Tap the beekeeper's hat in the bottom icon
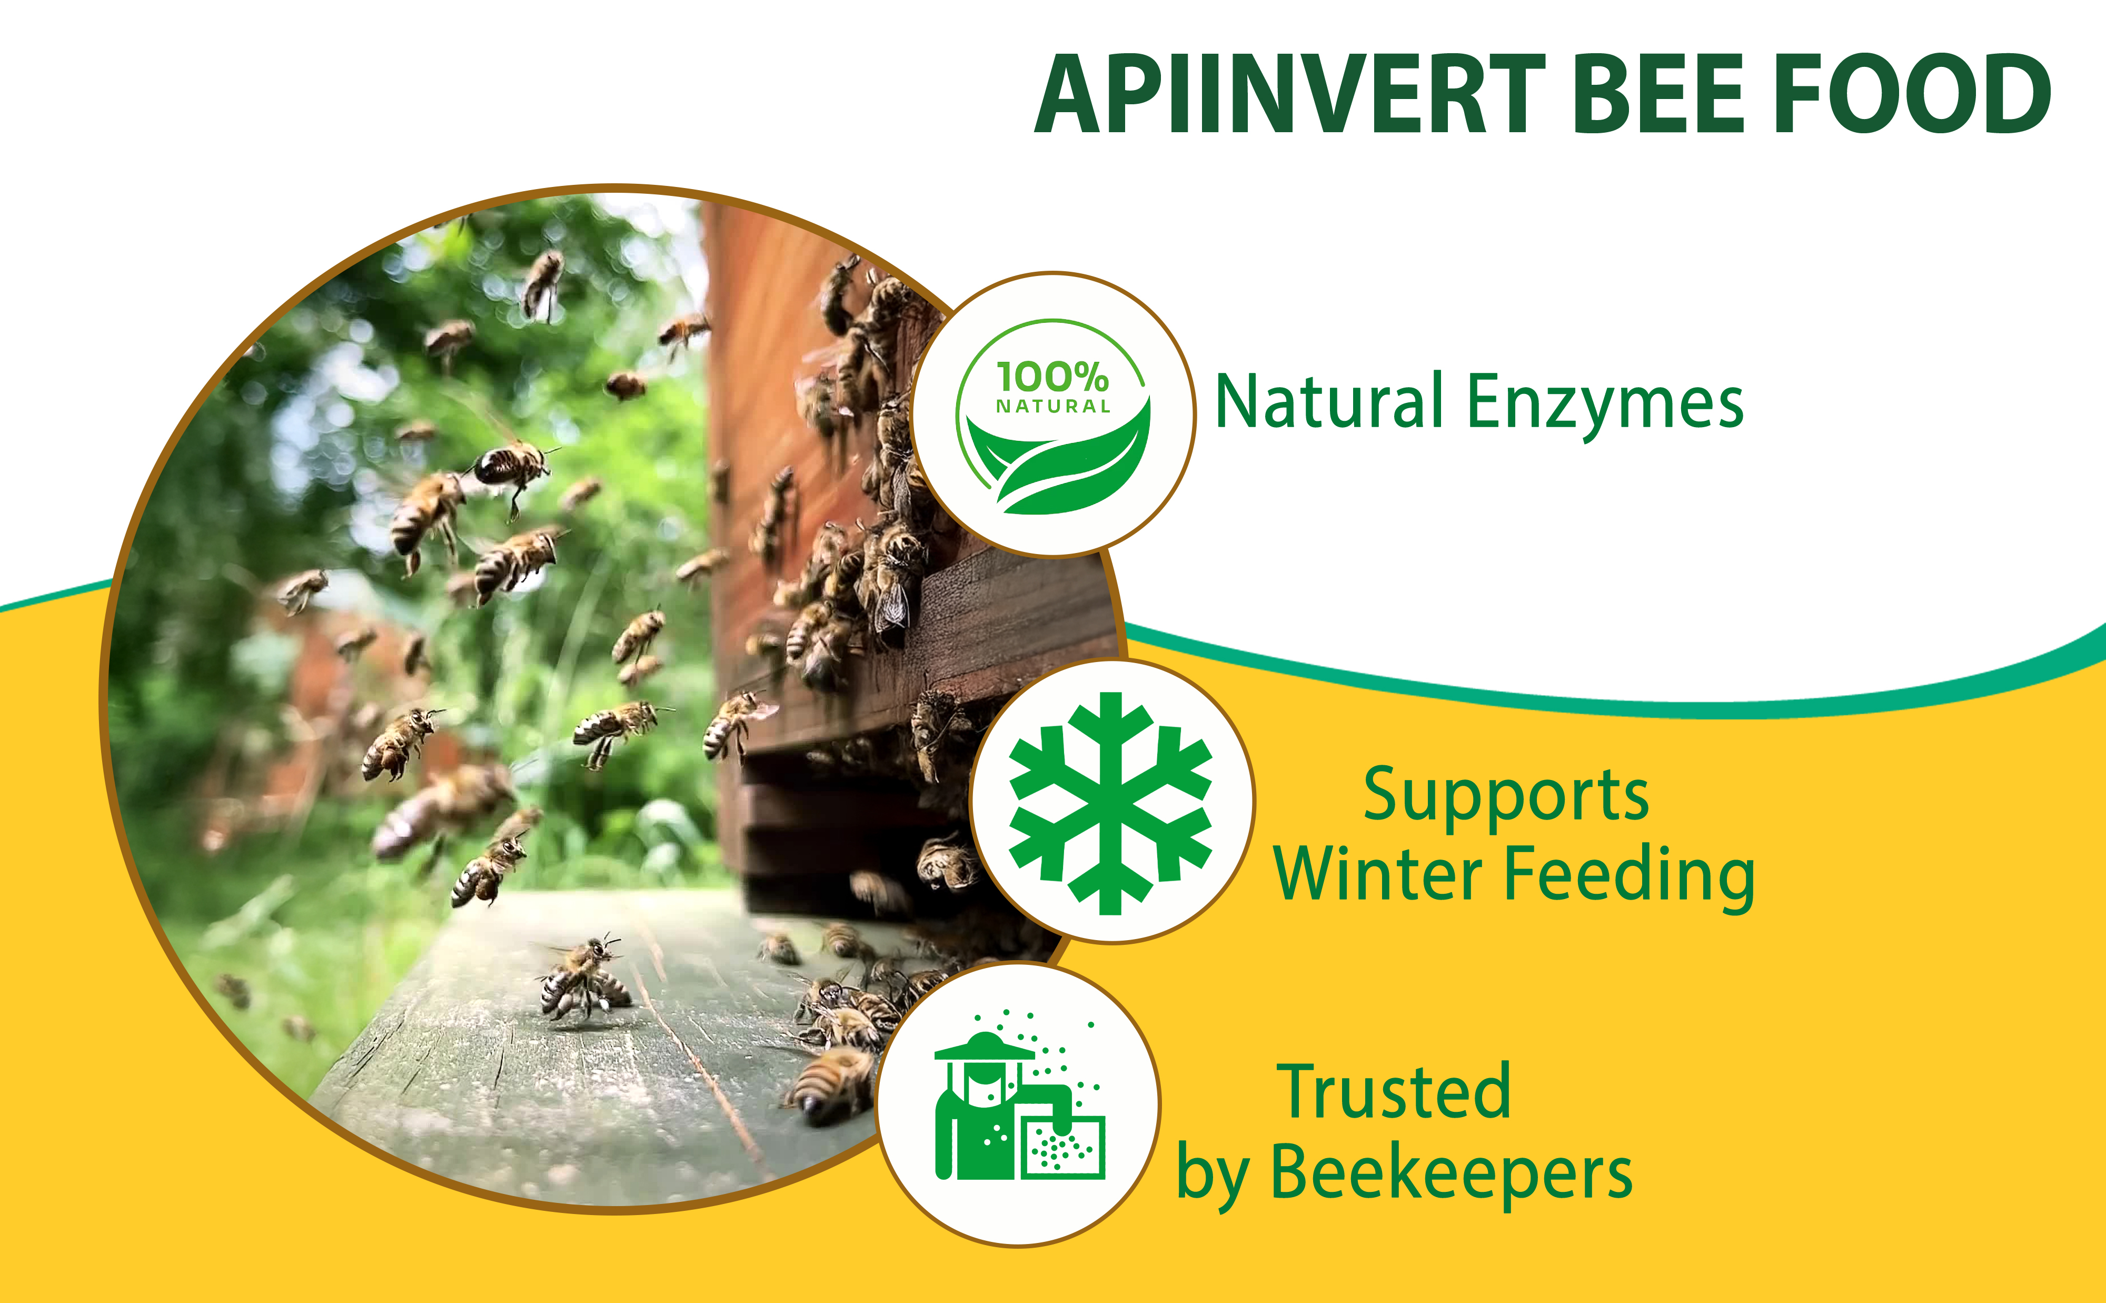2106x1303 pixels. click(x=984, y=1046)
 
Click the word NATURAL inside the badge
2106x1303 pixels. click(x=1052, y=406)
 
